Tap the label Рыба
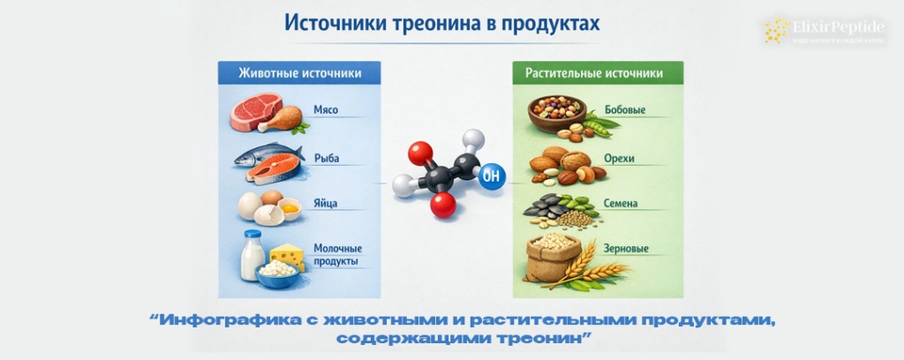tap(326, 159)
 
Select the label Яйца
tap(326, 204)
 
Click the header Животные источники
tap(299, 73)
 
